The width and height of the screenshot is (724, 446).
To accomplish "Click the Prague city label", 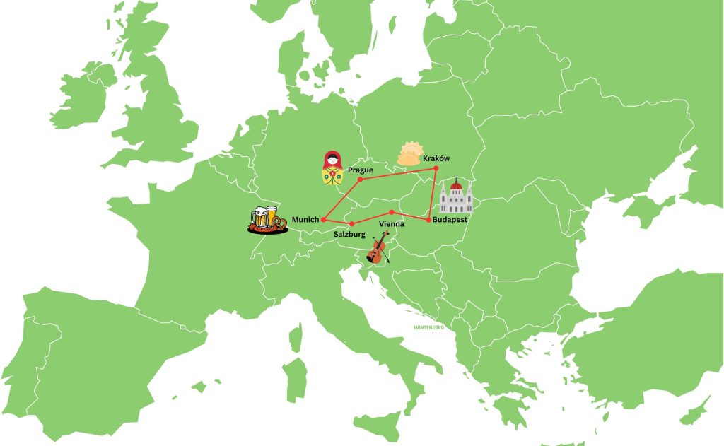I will pyautogui.click(x=360, y=170).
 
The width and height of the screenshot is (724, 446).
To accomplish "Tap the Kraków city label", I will pyautogui.click(x=436, y=158).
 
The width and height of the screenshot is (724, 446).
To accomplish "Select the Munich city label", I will pyautogui.click(x=305, y=220).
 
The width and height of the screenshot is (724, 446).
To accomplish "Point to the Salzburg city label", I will pyautogui.click(x=349, y=234).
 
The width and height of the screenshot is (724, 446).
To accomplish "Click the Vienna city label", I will pyautogui.click(x=392, y=223).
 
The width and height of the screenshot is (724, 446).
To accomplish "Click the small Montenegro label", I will pyautogui.click(x=428, y=327).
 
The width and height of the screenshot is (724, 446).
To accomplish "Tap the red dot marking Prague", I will pyautogui.click(x=361, y=180).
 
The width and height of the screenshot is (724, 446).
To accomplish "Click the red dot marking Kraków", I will pyautogui.click(x=436, y=168).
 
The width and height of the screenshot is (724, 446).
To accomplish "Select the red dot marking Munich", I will pyautogui.click(x=323, y=219).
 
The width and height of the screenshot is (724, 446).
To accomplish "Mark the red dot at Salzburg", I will pyautogui.click(x=351, y=224).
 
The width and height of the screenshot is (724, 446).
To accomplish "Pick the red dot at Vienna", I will pyautogui.click(x=391, y=212).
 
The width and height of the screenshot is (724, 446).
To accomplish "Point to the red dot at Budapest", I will pyautogui.click(x=428, y=219).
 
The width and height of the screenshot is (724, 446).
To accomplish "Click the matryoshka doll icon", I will pyautogui.click(x=330, y=168).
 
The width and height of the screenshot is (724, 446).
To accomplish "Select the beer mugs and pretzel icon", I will pyautogui.click(x=267, y=219).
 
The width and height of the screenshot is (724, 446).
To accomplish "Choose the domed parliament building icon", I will pyautogui.click(x=455, y=197).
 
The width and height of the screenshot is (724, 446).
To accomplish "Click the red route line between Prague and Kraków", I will pyautogui.click(x=398, y=173).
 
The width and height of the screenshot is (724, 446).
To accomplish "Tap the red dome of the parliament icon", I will pyautogui.click(x=456, y=187).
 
